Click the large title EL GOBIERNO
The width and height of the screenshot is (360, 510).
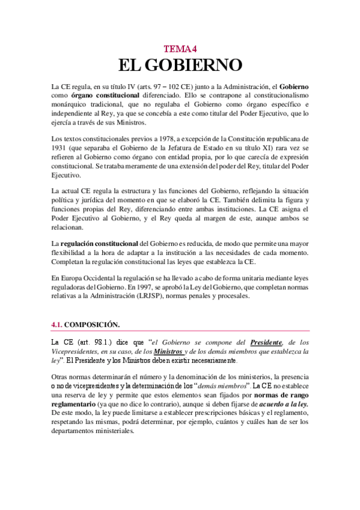click(180, 66)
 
